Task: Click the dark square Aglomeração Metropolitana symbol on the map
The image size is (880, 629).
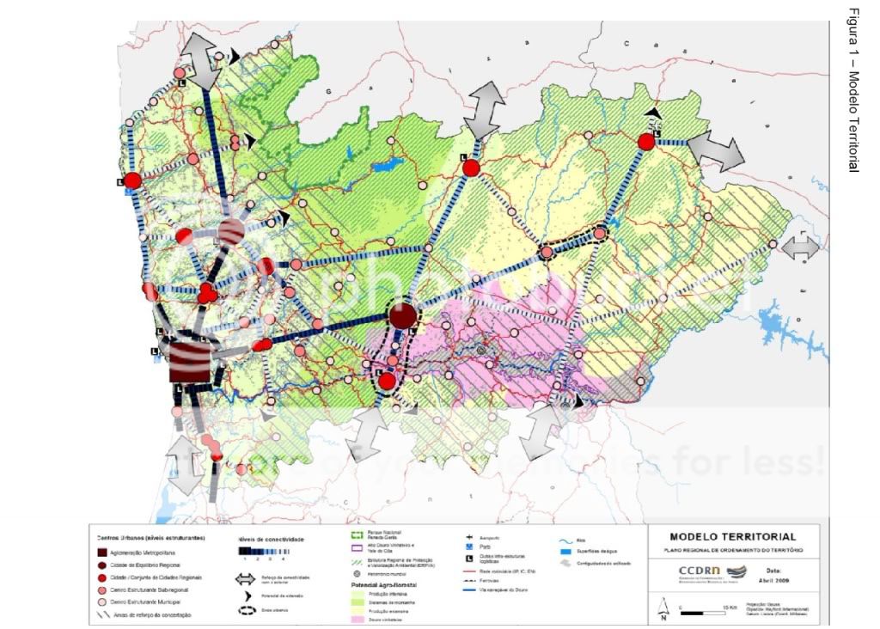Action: [190, 362]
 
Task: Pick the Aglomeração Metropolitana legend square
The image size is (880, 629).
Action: [101, 552]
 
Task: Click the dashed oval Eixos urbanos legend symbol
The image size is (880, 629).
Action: [249, 611]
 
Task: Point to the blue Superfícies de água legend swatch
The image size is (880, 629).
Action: [564, 551]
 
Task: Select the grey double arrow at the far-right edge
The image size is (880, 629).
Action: [801, 248]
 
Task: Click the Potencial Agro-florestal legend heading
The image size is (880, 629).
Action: [383, 584]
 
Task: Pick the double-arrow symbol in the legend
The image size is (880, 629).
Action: [249, 579]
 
